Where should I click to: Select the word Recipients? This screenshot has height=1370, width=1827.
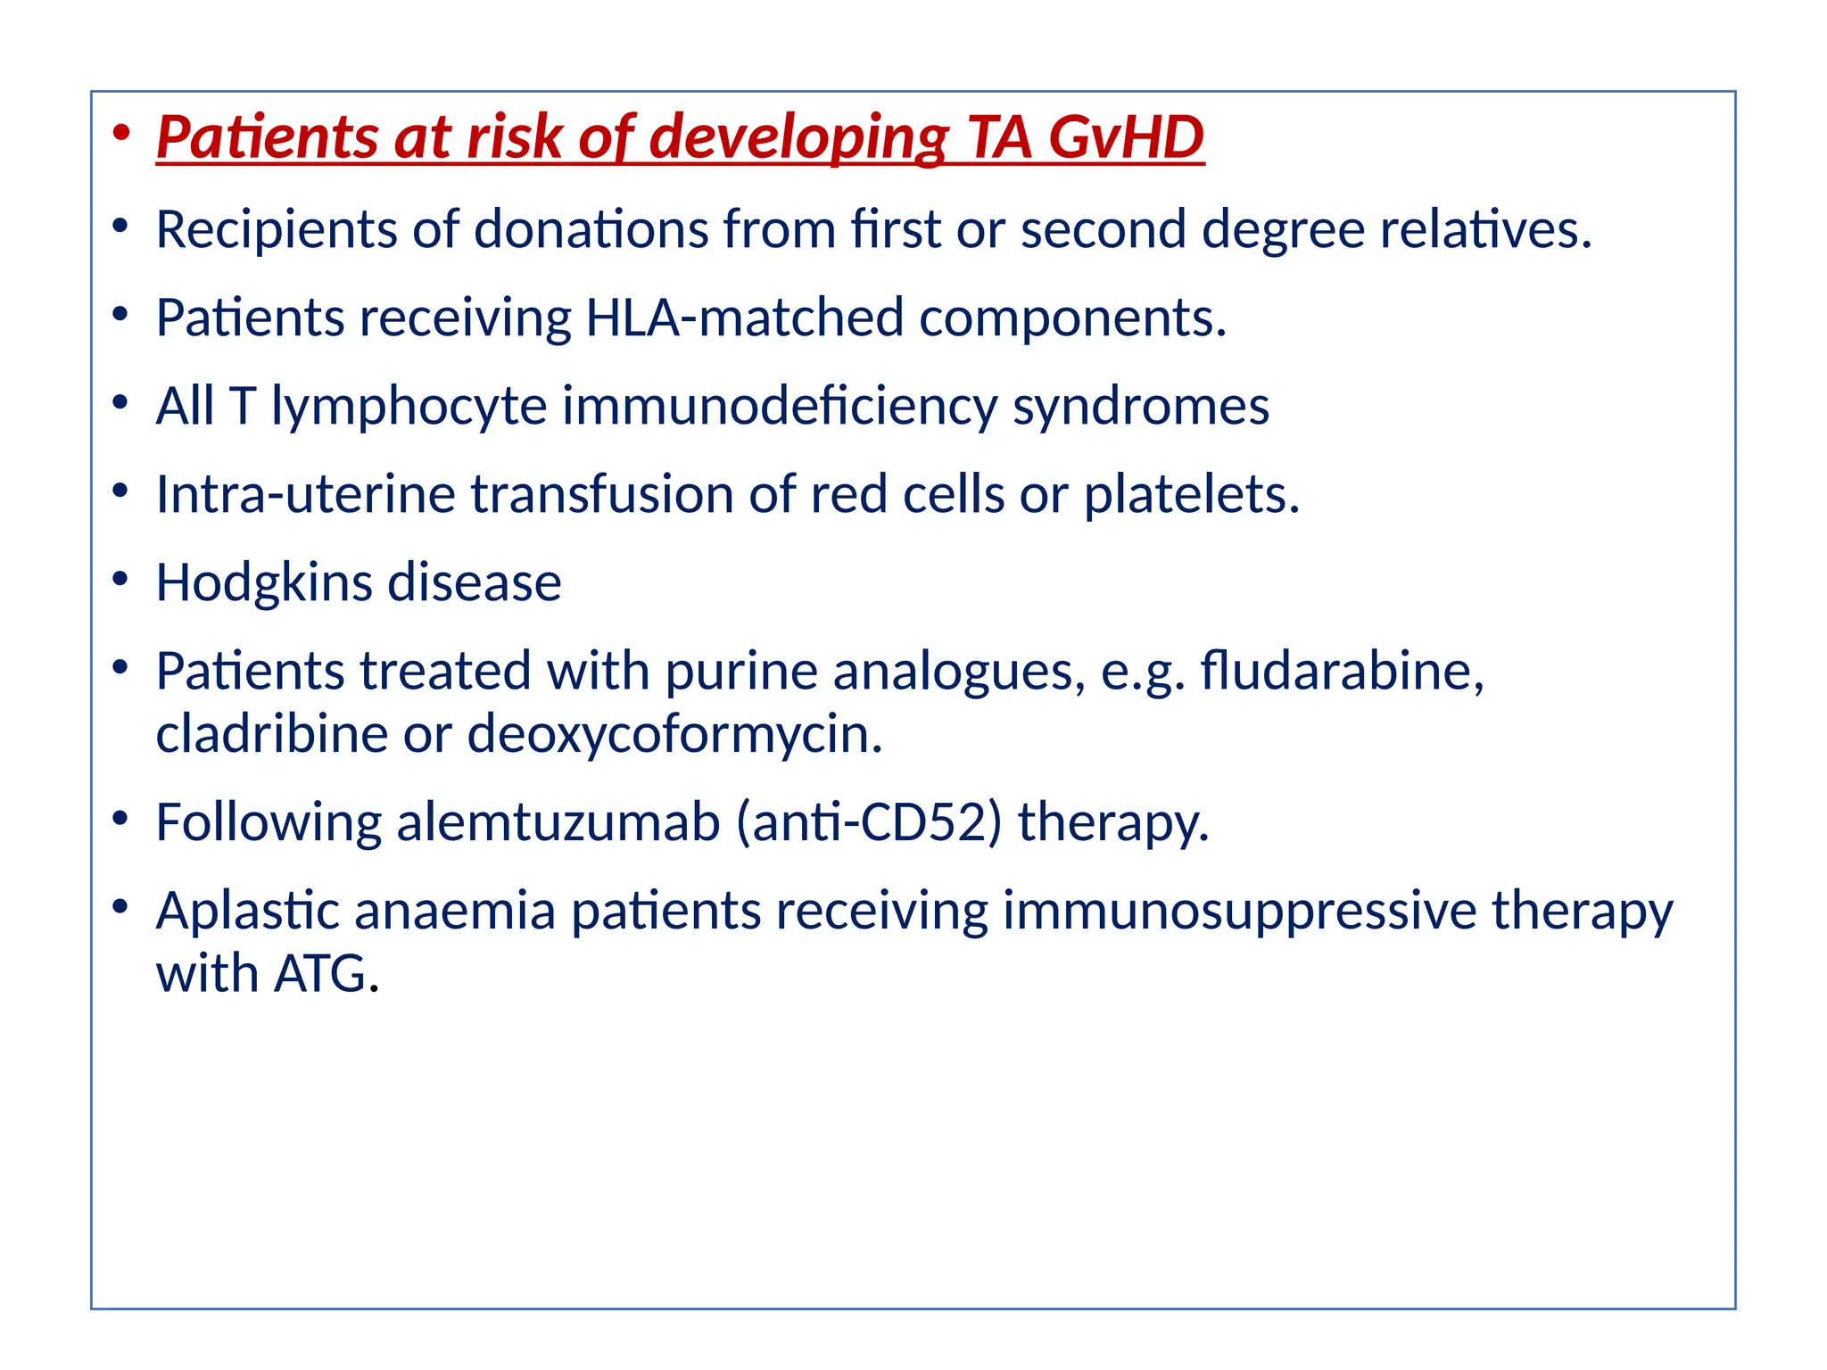click(276, 230)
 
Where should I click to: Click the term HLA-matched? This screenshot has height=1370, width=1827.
click(744, 318)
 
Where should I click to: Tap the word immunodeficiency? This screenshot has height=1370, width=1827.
click(779, 407)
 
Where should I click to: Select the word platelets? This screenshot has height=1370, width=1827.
click(1191, 494)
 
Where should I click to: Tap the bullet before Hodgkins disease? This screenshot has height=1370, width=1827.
click(121, 580)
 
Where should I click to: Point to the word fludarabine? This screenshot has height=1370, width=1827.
click(1341, 671)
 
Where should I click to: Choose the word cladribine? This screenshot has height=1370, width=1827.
click(271, 734)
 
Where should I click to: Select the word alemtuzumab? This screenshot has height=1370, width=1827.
click(558, 822)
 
